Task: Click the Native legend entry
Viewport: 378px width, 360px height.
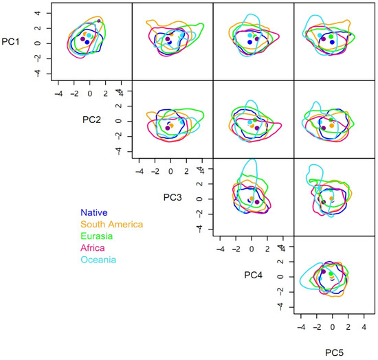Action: click(x=94, y=213)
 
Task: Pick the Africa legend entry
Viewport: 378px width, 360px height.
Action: click(x=93, y=248)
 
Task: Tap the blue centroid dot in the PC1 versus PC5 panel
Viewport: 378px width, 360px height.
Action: click(x=332, y=43)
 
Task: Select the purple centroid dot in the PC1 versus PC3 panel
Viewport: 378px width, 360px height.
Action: click(x=168, y=39)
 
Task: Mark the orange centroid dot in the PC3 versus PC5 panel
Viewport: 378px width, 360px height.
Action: click(x=331, y=199)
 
